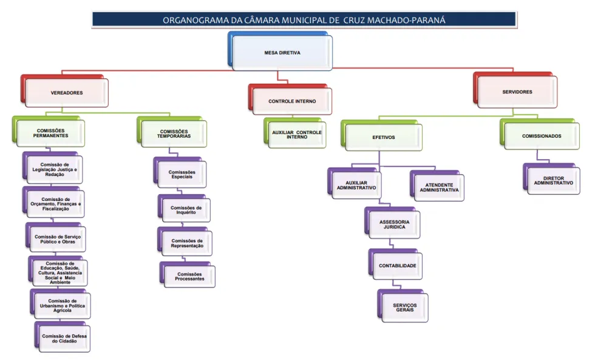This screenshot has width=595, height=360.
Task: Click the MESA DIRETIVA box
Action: click(x=282, y=53)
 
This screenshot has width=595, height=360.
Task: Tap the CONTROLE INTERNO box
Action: click(x=291, y=101)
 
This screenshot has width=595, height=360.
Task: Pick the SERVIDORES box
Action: click(x=517, y=92)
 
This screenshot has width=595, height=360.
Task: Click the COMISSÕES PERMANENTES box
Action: click(x=51, y=134)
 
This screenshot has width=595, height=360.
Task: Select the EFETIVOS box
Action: click(x=383, y=137)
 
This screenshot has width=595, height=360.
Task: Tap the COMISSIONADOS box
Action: click(x=541, y=136)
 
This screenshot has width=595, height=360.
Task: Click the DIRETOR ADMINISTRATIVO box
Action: click(x=553, y=180)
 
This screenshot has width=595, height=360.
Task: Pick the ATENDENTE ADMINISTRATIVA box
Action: click(x=438, y=188)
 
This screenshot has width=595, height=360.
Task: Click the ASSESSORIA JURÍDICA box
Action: click(x=394, y=225)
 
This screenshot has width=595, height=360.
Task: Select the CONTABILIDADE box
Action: click(x=397, y=265)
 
